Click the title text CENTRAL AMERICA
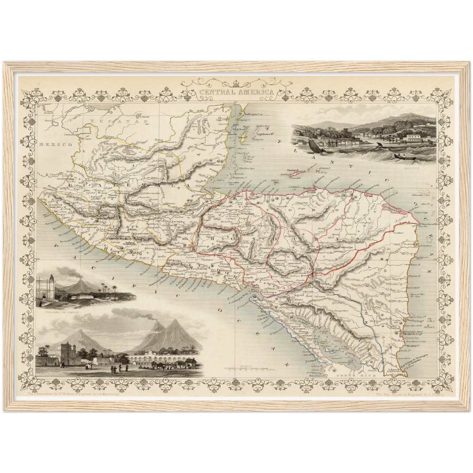pyautogui.click(x=235, y=92)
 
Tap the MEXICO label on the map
pyautogui.click(x=55, y=144)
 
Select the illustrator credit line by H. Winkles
pyautogui.click(x=74, y=394)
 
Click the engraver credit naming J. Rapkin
pyautogui.click(x=414, y=395)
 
